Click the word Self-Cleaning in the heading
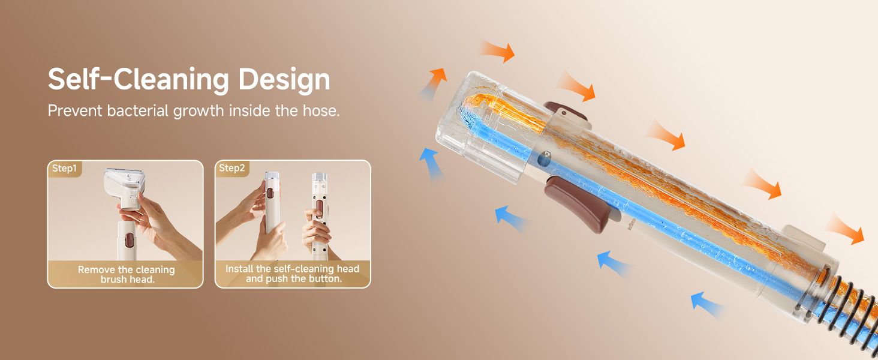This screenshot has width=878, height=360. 139,80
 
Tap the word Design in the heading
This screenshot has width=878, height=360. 284,80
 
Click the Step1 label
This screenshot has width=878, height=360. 64,168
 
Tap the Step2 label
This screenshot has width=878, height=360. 231,168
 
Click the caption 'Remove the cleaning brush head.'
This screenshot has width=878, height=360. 126,275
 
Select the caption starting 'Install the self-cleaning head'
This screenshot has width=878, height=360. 293,274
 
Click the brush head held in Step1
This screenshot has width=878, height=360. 124,187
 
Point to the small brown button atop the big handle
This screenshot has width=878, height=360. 565,111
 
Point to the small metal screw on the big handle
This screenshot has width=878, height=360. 543,158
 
